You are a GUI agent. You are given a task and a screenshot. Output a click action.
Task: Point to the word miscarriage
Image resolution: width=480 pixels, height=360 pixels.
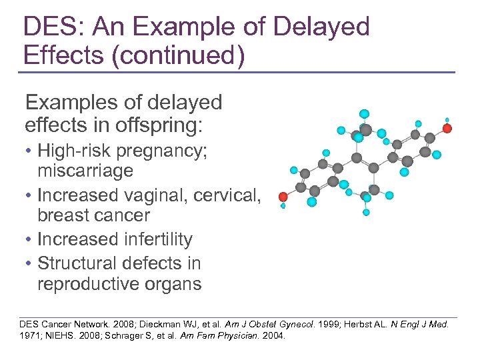click(x=85, y=171)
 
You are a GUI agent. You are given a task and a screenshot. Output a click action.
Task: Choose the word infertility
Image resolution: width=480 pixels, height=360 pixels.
click(x=153, y=239)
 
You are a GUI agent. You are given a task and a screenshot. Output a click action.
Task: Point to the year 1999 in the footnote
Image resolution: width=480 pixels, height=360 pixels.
click(x=334, y=323)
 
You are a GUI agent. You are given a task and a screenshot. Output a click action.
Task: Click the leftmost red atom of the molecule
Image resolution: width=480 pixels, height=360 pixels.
click(x=283, y=197)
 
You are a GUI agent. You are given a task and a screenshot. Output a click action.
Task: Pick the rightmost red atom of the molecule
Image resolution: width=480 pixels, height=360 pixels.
click(x=447, y=128)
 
